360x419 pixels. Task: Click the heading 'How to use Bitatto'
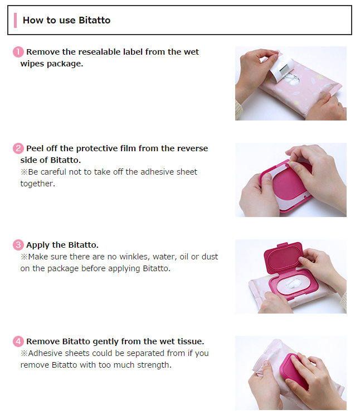pyautogui.click(x=66, y=20)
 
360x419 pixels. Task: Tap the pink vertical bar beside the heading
pyautogui.click(x=15, y=20)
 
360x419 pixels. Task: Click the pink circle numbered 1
pyautogui.click(x=18, y=52)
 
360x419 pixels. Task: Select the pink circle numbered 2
pyautogui.click(x=18, y=148)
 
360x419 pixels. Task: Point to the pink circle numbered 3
pyautogui.click(x=18, y=245)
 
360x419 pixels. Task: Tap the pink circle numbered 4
pyautogui.click(x=18, y=341)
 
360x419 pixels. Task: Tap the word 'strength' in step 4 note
pyautogui.click(x=154, y=365)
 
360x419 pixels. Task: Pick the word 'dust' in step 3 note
pyautogui.click(x=210, y=257)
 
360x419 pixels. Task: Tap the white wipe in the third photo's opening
pyautogui.click(x=293, y=283)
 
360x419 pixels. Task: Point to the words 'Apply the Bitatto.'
pyautogui.click(x=62, y=245)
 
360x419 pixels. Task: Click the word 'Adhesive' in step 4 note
pyautogui.click(x=45, y=353)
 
